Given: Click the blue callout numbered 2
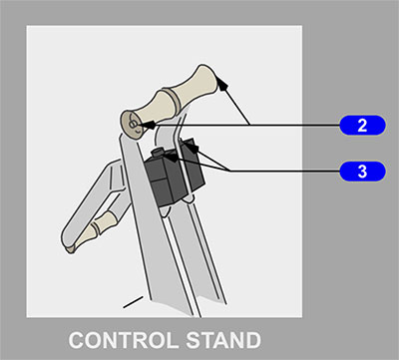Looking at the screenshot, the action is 362,126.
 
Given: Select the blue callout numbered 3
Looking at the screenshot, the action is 362,172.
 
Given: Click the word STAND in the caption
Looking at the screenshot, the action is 223,340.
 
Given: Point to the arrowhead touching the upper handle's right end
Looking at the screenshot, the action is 222,83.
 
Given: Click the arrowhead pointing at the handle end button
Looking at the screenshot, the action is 149,125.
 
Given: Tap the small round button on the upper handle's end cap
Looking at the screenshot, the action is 133,125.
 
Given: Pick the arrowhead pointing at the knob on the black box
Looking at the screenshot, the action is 171,157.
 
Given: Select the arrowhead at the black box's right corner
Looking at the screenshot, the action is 194,148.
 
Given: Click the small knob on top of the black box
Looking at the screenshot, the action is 158,154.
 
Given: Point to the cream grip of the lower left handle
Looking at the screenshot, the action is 97,229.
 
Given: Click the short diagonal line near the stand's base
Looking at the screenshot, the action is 133,302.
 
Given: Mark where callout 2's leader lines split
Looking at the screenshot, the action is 250,125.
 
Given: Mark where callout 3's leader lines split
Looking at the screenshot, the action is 229,171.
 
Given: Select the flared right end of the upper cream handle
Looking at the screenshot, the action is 206,79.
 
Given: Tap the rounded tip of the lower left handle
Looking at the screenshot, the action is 71,249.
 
